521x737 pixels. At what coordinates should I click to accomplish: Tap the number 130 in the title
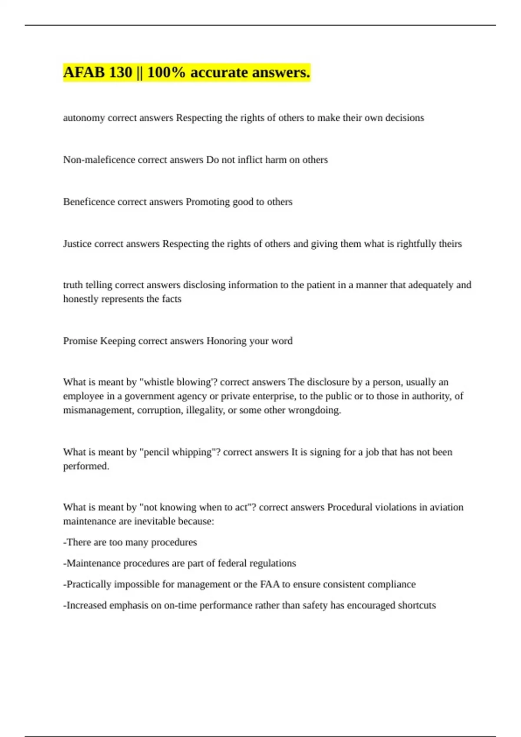tap(121, 72)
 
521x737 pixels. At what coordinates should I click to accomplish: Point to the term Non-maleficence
tap(99, 160)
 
